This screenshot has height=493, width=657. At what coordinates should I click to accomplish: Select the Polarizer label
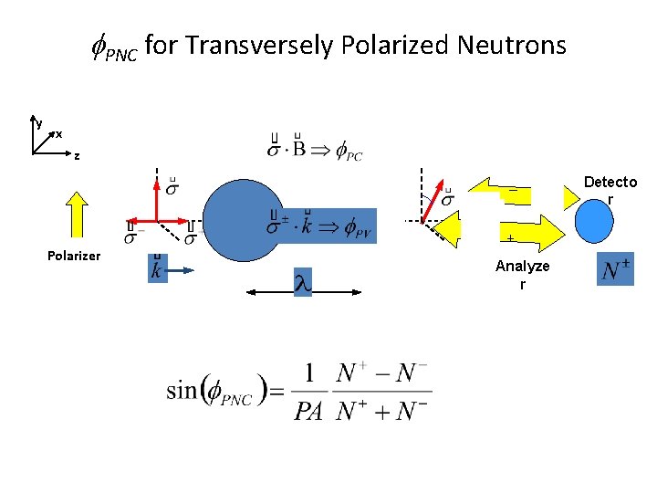click(x=74, y=255)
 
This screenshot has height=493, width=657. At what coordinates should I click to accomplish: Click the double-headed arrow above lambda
click(x=302, y=292)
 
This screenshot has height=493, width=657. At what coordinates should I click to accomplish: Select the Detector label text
click(x=610, y=190)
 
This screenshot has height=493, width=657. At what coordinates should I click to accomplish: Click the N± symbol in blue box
click(x=616, y=269)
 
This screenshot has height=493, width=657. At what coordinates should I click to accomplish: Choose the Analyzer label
click(x=522, y=274)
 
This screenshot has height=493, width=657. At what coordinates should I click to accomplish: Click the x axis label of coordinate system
click(x=59, y=134)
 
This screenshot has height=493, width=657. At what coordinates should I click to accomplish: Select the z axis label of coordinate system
click(x=77, y=155)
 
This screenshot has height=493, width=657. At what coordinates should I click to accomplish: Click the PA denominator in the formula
click(x=308, y=412)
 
